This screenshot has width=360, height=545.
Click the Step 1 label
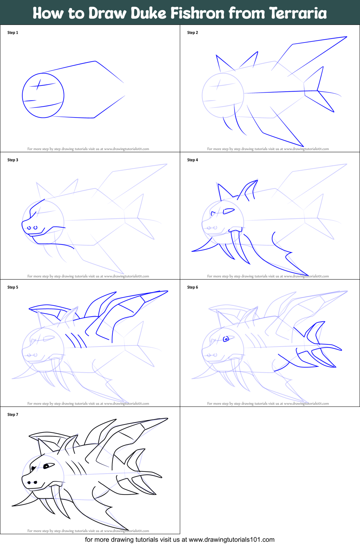(x=13, y=32)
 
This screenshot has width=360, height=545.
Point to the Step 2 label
(x=192, y=32)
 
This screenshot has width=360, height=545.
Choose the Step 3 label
(x=13, y=160)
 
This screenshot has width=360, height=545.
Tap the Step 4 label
(x=192, y=160)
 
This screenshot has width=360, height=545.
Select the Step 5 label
(x=13, y=287)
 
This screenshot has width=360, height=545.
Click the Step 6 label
(x=192, y=287)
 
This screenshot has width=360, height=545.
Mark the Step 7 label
(x=13, y=414)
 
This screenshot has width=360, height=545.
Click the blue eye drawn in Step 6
(x=226, y=339)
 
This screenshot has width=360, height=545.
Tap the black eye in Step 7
(x=46, y=466)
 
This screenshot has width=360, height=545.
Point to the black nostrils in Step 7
(x=32, y=482)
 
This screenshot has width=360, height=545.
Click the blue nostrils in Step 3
(x=32, y=228)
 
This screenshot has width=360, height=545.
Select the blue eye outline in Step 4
(x=228, y=211)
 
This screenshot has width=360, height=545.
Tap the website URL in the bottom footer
(x=231, y=540)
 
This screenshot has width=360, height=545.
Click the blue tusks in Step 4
(x=236, y=245)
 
